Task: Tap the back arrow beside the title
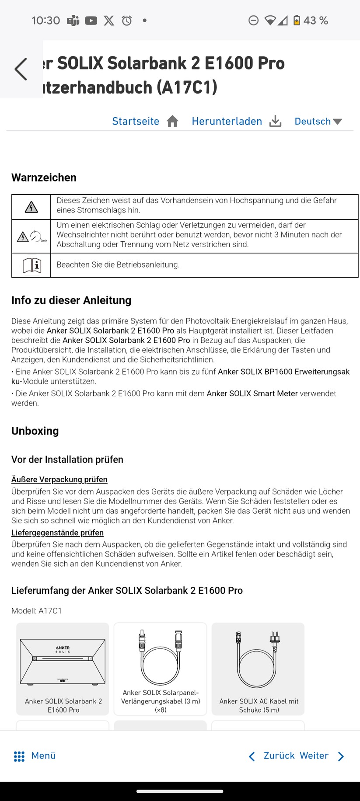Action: pos(21,69)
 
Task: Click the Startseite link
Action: pos(136,121)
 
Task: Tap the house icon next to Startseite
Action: pos(173,121)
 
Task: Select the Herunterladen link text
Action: pos(227,121)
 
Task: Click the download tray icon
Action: pos(275,121)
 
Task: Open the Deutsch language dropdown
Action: pos(318,121)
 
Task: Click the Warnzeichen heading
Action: pos(44,178)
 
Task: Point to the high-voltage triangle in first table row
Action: pos(31,207)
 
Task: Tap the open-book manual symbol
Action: pos(31,265)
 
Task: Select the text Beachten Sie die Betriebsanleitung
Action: pos(118,265)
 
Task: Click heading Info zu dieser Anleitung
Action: pos(71,300)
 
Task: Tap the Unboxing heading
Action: pos(35,431)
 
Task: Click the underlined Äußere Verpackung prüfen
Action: pos(59,479)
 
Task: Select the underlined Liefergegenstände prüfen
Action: pos(57,533)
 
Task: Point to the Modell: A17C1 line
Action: pos(37,611)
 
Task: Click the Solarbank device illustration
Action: pos(63,662)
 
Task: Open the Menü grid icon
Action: pos(19,756)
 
